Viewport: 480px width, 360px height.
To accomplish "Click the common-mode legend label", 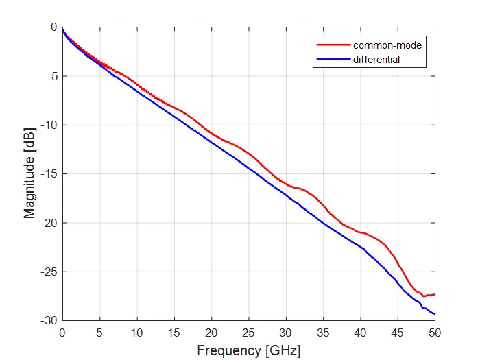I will click(387, 45).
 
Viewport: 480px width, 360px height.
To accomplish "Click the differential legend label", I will click(376, 60).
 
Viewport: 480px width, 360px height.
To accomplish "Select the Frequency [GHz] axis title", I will click(248, 350).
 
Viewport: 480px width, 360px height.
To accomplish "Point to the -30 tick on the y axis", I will click(49, 321).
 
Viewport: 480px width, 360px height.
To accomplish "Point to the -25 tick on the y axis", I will click(49, 272).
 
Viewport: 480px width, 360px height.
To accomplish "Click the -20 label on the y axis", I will click(49, 223).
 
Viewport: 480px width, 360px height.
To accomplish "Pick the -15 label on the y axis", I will click(49, 174).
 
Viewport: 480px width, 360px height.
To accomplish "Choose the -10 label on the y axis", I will click(49, 125).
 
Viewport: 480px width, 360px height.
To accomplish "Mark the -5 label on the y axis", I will click(52, 76).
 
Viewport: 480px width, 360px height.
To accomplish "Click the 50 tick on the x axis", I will click(435, 333).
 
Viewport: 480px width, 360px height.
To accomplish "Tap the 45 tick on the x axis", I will click(398, 333).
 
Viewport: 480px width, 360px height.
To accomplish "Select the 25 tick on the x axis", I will click(248, 333).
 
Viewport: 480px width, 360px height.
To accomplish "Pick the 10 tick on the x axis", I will click(136, 333).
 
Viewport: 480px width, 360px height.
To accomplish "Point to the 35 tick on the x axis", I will click(323, 333).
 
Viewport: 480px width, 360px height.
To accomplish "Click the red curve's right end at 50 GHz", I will click(435, 294).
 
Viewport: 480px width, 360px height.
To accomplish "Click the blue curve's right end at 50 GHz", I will click(435, 314).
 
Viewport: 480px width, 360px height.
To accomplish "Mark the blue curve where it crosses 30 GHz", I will click(286, 194).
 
